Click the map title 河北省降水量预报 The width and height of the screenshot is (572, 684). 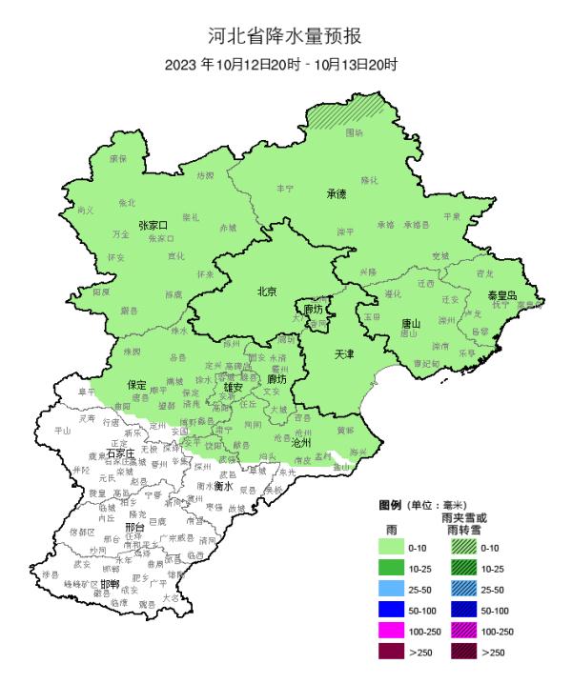(x=286, y=37)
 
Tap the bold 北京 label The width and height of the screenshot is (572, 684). (x=268, y=292)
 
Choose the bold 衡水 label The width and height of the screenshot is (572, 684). (x=224, y=485)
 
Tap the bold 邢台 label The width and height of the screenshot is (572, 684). (x=134, y=526)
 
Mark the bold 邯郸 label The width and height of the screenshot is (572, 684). (x=110, y=584)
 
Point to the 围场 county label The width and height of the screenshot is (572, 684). (x=354, y=132)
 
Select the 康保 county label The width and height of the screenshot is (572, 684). (x=117, y=158)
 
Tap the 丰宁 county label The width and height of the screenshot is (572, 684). (x=285, y=190)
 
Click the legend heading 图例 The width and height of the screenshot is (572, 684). (x=390, y=504)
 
